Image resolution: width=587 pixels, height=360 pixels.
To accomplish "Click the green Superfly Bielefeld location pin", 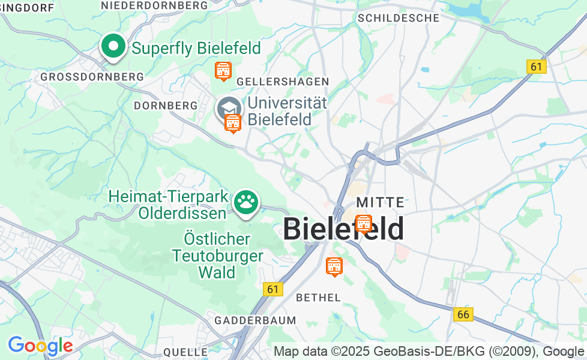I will (x=113, y=46).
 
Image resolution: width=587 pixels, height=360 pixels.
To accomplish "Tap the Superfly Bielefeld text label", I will (x=196, y=48).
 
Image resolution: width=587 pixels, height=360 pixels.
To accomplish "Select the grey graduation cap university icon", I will (x=228, y=108).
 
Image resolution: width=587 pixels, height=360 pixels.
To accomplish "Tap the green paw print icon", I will (x=245, y=203).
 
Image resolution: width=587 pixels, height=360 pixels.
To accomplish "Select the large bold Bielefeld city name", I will (x=343, y=229).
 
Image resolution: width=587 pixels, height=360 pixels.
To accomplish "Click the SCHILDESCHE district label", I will (x=399, y=18).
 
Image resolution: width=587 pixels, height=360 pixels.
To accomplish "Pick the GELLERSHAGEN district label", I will (x=283, y=81).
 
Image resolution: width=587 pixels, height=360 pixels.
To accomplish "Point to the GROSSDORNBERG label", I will (x=92, y=77).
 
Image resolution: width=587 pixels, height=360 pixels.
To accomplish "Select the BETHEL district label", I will (x=319, y=297).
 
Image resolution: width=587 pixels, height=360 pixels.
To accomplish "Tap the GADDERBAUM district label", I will (x=256, y=320).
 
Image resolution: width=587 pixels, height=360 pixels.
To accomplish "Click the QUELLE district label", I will (x=185, y=352).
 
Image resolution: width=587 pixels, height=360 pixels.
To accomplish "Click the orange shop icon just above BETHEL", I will (x=334, y=265).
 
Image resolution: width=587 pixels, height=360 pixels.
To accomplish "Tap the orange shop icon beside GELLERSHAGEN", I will (x=223, y=71).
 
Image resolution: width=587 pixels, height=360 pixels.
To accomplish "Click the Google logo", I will (x=40, y=346).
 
